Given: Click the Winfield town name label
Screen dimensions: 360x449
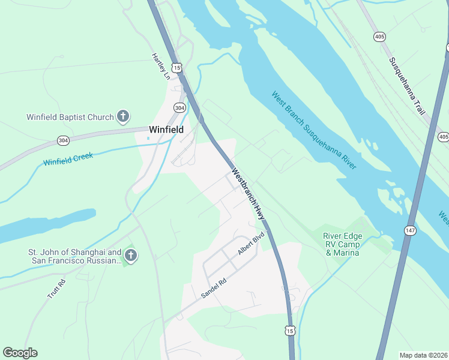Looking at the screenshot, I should tap(166, 129).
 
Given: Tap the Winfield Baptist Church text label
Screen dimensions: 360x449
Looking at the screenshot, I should tap(70, 117).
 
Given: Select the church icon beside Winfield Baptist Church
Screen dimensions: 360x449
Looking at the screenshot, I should tap(122, 116).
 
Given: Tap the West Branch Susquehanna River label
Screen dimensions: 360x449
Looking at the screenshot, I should tap(313, 130).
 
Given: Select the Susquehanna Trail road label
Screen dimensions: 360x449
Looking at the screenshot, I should tap(407, 86).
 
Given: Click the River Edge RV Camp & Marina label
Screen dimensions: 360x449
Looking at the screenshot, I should tap(342, 244).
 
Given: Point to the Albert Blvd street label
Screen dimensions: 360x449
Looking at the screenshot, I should tap(251, 244).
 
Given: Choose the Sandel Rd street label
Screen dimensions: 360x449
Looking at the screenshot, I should tap(214, 289).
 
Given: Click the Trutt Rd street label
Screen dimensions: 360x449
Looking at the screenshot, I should tap(56, 289).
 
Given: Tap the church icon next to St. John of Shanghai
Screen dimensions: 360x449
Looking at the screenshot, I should tap(131, 257).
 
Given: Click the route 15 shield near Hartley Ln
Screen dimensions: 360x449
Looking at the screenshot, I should tap(176, 68).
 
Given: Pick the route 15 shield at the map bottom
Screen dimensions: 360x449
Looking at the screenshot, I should tap(291, 331).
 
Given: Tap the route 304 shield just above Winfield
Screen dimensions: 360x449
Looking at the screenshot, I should tap(179, 107).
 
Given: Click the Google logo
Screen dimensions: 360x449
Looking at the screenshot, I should tap(20, 353).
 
